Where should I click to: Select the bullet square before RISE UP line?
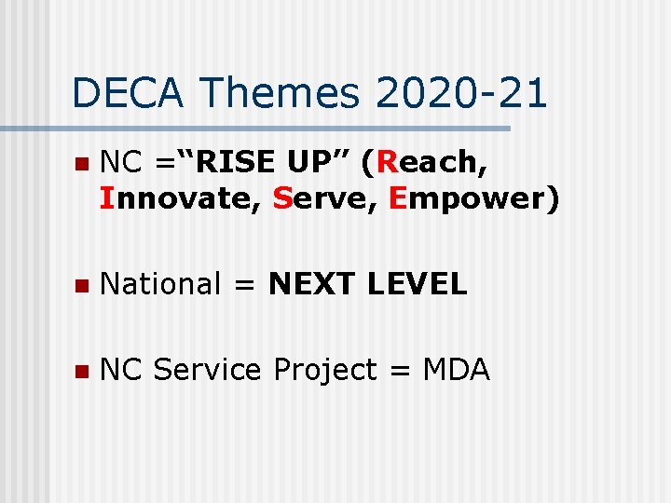[82, 164]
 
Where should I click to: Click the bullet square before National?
[82, 285]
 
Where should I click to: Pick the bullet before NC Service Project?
[82, 371]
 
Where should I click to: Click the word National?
[160, 284]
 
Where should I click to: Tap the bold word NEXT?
[313, 284]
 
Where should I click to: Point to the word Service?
[207, 370]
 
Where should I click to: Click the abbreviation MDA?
[456, 370]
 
